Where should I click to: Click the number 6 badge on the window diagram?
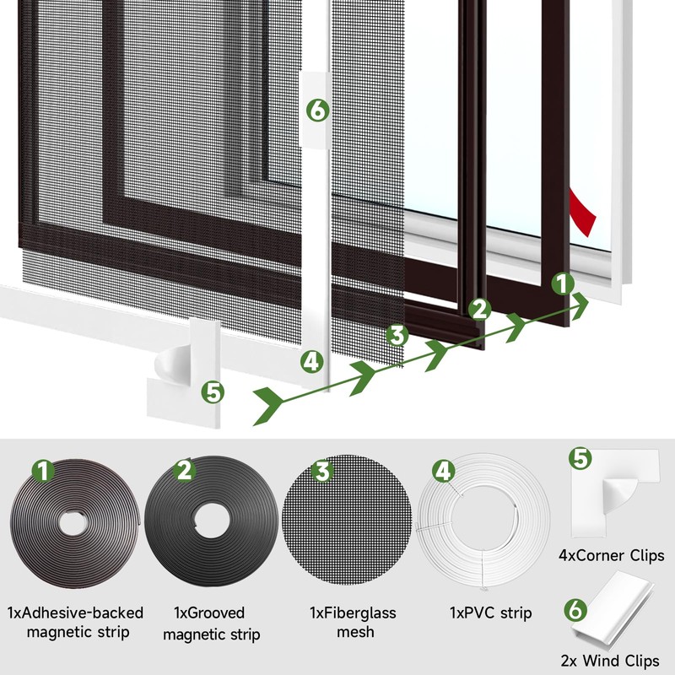coord(316,110)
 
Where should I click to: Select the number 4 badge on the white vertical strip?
coord(312,363)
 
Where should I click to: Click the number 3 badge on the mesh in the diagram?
coord(397,335)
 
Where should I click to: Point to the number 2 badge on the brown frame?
coord(480,309)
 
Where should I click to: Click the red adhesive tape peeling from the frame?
coord(584,212)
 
